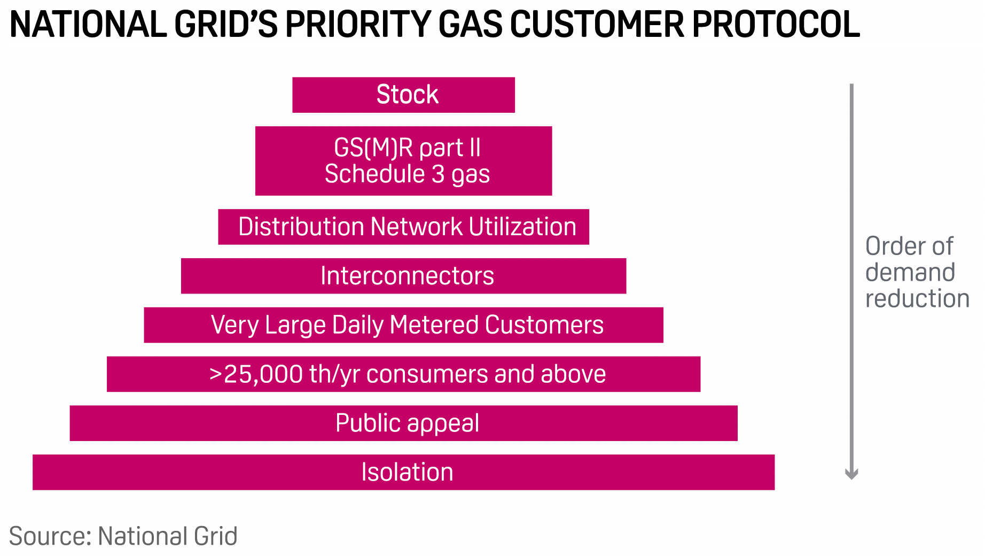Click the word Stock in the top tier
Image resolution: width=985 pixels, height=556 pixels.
[x=407, y=95]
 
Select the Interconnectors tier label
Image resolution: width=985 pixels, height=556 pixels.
[x=407, y=276]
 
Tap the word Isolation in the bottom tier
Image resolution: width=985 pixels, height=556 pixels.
[x=407, y=472]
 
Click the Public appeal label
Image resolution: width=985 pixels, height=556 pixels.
[x=407, y=423]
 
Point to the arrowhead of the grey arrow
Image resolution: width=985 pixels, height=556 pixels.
[x=851, y=474]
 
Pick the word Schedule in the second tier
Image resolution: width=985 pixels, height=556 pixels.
[x=374, y=174]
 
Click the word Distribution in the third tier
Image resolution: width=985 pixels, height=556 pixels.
[x=301, y=227]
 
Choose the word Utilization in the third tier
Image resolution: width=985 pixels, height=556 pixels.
[x=523, y=227]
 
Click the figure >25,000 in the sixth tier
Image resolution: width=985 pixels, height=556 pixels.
[x=256, y=374]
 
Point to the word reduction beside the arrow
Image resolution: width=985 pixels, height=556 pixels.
[x=917, y=298]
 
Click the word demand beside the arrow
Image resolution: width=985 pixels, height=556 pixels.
[x=910, y=272]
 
